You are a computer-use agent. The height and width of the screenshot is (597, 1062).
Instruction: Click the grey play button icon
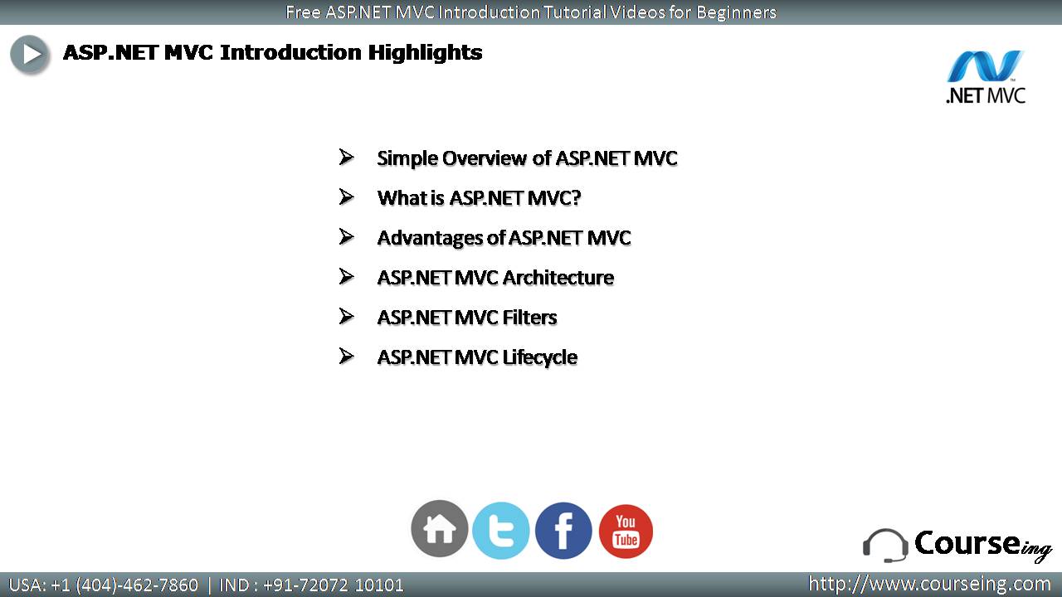(29, 55)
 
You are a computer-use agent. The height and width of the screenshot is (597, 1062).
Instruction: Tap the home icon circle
(440, 528)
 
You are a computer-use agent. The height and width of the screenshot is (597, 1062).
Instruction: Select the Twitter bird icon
(501, 531)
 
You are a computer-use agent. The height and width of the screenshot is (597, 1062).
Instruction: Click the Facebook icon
(563, 531)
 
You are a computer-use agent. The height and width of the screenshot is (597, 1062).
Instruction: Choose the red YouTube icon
(626, 531)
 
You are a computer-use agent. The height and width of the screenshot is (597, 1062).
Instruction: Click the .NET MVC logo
(986, 77)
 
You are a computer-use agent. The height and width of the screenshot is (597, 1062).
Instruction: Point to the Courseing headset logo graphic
(885, 546)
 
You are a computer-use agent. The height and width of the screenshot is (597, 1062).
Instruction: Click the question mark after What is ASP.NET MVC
(576, 197)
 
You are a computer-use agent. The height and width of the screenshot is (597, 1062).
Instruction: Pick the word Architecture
(558, 278)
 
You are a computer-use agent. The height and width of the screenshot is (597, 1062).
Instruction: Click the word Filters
(529, 318)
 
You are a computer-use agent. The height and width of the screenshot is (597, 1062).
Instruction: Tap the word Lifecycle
(539, 357)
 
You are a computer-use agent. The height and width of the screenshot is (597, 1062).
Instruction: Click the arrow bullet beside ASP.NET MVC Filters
(347, 316)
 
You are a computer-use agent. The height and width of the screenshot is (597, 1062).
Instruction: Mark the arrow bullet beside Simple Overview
(347, 157)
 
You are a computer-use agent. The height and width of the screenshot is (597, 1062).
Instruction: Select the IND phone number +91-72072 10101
(334, 585)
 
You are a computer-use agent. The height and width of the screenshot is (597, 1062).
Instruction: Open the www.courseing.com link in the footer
(929, 584)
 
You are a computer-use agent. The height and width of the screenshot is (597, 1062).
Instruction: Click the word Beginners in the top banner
(736, 12)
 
